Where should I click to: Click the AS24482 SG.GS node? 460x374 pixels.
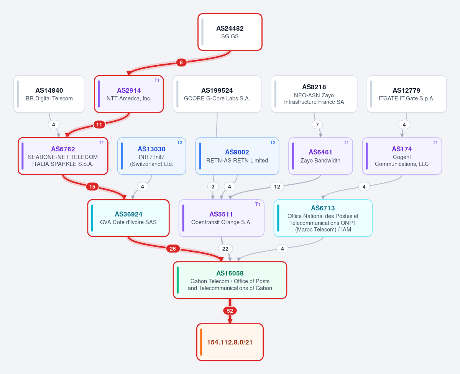pos(230,32)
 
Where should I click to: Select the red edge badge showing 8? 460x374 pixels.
pos(181,62)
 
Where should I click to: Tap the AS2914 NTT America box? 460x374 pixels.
pos(129,94)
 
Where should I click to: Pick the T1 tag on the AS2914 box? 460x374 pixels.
pos(157,80)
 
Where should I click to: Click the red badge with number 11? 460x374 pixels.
pos(99,125)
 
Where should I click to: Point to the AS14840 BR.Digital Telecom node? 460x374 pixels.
pos(49,94)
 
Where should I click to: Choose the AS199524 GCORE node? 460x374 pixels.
pos(217,94)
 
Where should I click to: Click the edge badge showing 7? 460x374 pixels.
pos(317,125)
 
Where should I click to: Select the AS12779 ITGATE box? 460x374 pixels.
pos(406,94)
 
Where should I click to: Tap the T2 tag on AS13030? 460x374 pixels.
pos(179,143)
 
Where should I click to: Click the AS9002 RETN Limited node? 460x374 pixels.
pos(237,156)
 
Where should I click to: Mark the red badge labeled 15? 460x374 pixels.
pos(92,187)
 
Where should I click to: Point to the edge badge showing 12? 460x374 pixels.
pos(277,187)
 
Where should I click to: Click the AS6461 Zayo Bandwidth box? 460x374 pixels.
pos(320,156)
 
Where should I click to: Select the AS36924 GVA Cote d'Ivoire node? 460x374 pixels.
pos(128,218)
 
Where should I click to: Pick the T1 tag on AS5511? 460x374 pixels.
pos(258,204)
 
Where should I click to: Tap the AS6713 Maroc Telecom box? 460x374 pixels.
pos(323,218)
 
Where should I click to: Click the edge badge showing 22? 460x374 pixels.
pos(225,249)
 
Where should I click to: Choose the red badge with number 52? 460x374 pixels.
pos(230,311)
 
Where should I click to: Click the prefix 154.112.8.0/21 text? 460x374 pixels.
pos(230,342)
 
